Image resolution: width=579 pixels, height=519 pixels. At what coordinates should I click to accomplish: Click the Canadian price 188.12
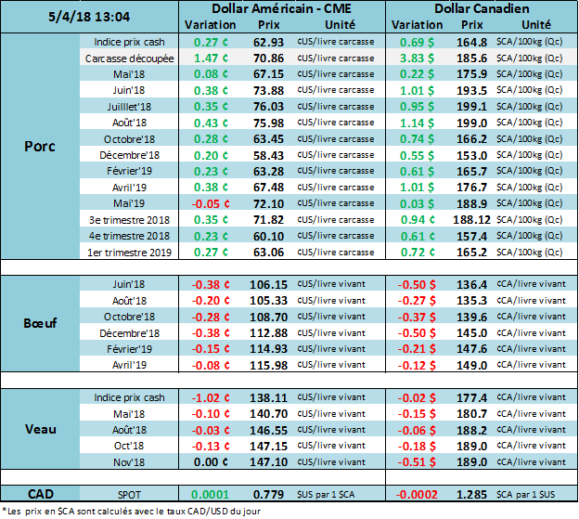tap(473, 220)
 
